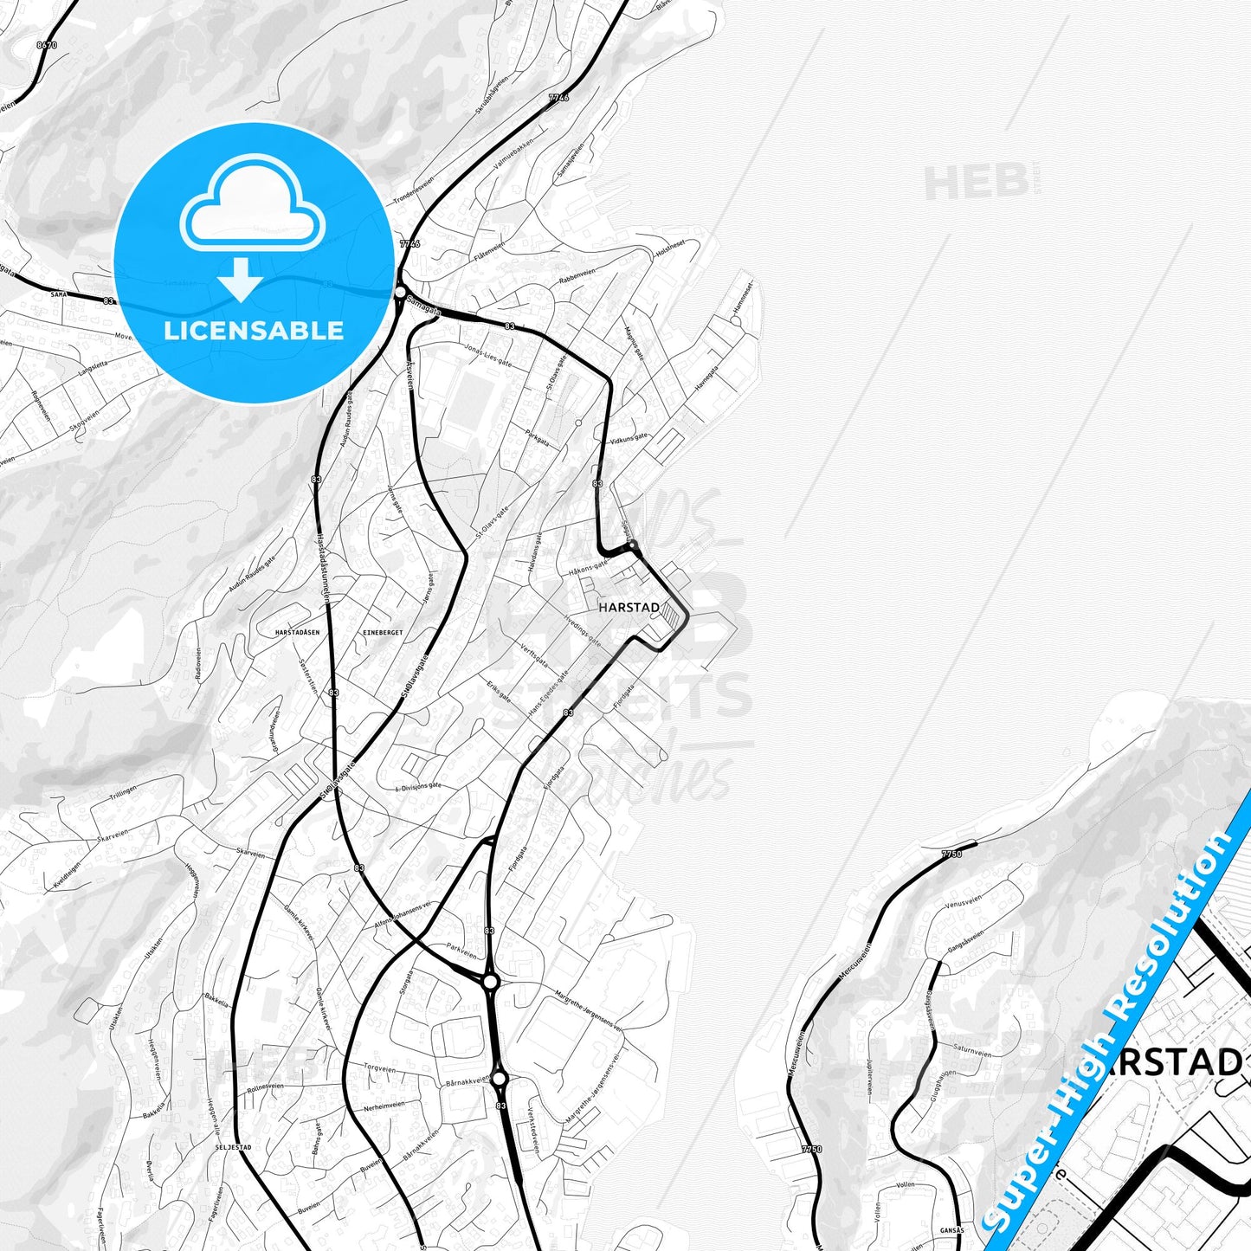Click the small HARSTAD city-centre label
click(629, 608)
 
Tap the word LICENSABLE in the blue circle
click(254, 331)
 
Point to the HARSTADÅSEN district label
click(297, 633)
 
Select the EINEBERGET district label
click(384, 633)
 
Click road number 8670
click(47, 45)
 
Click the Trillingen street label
click(124, 791)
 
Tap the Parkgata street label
click(537, 436)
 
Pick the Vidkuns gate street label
click(629, 440)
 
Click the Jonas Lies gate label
click(489, 356)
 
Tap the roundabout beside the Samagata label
click(399, 293)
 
